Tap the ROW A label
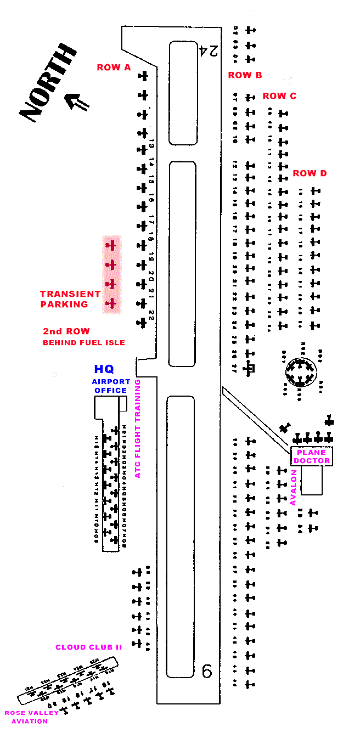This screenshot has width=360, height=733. pyautogui.click(x=114, y=67)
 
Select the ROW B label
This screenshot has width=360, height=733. pyautogui.click(x=245, y=75)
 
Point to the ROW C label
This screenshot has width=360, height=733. pyautogui.click(x=279, y=96)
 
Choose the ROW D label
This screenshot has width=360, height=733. pyautogui.click(x=310, y=173)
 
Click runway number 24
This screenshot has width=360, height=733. pyautogui.click(x=209, y=51)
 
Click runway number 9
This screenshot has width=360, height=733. pyautogui.click(x=207, y=670)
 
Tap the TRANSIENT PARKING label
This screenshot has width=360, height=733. pyautogui.click(x=70, y=299)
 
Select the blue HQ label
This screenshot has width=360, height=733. pyautogui.click(x=104, y=369)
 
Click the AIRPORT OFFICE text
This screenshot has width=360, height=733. pyautogui.click(x=111, y=386)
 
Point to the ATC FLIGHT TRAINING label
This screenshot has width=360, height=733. pyautogui.click(x=138, y=428)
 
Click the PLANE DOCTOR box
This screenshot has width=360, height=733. pyautogui.click(x=312, y=456)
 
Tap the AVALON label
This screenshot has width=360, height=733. pyautogui.click(x=293, y=487)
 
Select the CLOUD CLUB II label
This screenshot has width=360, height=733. pyautogui.click(x=88, y=647)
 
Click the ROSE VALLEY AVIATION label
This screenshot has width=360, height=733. pyautogui.click(x=31, y=717)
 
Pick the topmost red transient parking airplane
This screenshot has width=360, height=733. pyautogui.click(x=111, y=245)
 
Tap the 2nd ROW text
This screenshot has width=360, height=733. pyautogui.click(x=66, y=331)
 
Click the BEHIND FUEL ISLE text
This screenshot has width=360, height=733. pyautogui.click(x=84, y=343)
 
